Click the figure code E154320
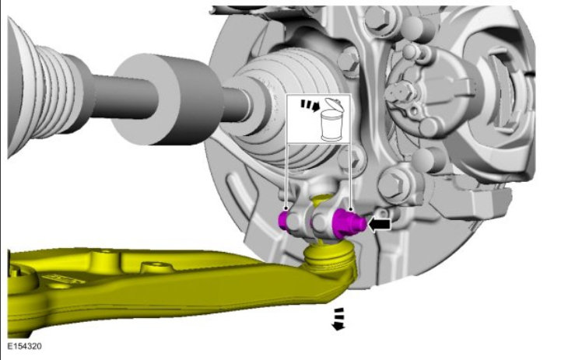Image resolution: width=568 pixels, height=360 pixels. tap(24, 346)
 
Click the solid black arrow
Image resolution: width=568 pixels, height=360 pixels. tap(379, 224)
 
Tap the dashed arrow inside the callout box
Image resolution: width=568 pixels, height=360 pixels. tap(310, 106)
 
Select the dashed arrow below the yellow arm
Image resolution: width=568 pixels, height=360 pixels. tap(338, 319)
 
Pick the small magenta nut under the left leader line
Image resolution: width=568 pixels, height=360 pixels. tap(282, 221)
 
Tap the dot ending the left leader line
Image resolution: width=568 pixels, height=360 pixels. tap(286, 208)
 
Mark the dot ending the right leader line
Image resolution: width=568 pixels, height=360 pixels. tap(350, 209)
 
